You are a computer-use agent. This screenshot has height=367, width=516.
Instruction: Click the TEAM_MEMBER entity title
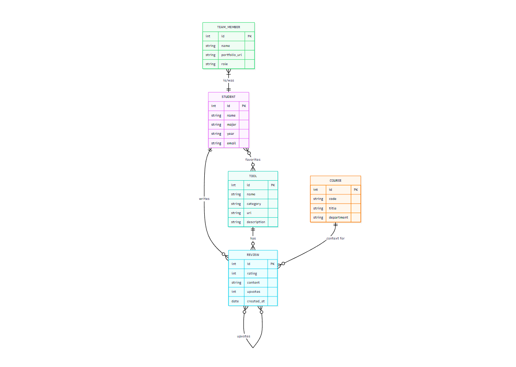coord(228,27)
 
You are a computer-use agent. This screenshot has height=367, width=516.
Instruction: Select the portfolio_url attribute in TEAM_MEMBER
coord(231,55)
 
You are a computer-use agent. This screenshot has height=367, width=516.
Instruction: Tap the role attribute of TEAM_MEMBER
coord(225,64)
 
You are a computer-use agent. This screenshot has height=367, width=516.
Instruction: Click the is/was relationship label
coord(228,81)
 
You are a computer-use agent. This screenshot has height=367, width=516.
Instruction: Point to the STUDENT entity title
coord(228,97)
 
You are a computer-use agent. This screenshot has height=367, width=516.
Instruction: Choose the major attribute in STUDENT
coord(232,125)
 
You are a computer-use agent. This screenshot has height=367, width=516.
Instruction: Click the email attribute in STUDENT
coord(232,143)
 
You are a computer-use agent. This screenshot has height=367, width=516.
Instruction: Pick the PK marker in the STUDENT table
coord(244,106)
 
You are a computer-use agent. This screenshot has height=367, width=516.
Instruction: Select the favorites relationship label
coord(253,160)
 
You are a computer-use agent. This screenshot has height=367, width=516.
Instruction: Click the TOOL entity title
coord(253,176)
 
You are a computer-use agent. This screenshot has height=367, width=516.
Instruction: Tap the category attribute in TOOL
coord(254,204)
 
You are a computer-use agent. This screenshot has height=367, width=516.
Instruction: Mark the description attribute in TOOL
coord(256,222)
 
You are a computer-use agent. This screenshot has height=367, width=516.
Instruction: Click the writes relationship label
coord(204,199)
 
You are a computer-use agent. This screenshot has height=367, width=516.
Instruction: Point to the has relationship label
coord(253,239)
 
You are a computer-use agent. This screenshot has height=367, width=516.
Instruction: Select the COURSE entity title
coord(335,181)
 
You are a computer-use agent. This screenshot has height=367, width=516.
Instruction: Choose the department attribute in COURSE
coord(339,218)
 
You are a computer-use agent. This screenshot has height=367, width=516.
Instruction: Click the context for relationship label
coord(335,239)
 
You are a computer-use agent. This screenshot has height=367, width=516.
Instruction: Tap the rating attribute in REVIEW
coord(252,274)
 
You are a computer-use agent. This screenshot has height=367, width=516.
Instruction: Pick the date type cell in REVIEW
coord(235,301)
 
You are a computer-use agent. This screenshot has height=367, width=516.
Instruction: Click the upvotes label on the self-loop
coord(244,336)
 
